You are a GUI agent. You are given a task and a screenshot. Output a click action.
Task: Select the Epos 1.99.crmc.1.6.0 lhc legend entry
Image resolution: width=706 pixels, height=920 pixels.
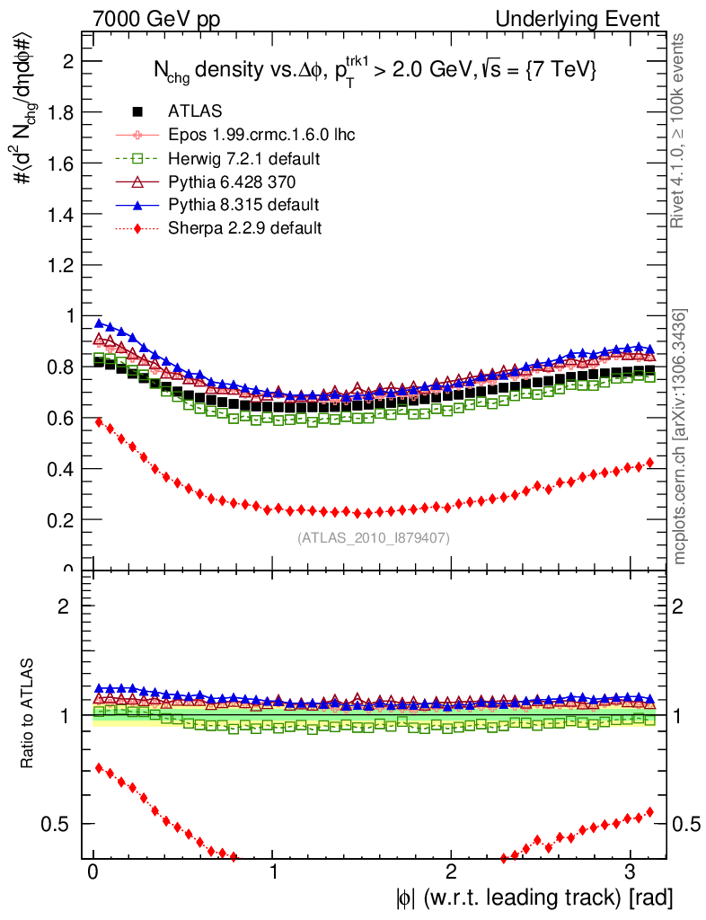(x=261, y=135)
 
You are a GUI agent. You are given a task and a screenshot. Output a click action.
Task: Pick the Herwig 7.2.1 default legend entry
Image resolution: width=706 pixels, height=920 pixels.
(x=243, y=158)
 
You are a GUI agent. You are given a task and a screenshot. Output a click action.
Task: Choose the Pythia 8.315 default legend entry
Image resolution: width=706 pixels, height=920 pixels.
(x=243, y=205)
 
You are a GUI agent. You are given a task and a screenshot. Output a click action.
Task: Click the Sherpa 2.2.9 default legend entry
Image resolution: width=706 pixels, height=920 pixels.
(x=244, y=228)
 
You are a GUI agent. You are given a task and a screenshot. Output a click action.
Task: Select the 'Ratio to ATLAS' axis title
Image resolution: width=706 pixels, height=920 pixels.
(x=28, y=715)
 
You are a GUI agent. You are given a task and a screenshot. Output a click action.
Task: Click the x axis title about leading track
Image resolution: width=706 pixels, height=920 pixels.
(x=532, y=898)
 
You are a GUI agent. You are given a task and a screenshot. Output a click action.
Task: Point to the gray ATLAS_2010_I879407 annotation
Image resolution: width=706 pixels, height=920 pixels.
(x=373, y=538)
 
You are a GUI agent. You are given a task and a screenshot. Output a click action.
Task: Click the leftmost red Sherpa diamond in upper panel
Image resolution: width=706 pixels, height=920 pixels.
(x=99, y=422)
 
